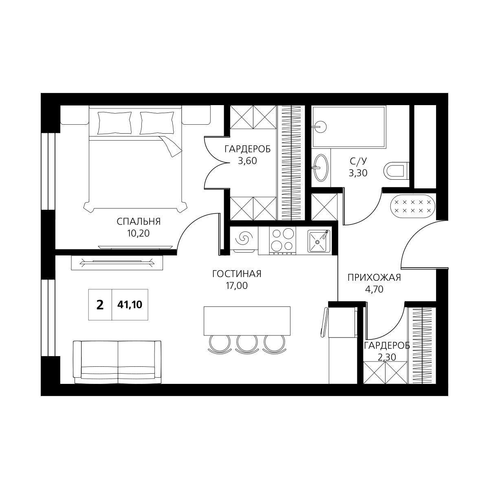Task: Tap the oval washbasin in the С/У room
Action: (321, 168)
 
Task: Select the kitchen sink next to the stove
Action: (319, 241)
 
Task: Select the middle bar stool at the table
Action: (247, 344)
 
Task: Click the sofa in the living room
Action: (117, 362)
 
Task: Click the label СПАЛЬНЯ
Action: (139, 222)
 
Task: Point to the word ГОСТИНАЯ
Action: (237, 274)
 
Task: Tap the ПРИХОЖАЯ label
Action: (374, 278)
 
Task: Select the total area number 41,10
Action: (130, 305)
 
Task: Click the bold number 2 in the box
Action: (100, 305)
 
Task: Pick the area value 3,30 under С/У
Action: (358, 173)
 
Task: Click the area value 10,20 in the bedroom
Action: (139, 233)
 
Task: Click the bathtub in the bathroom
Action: (349, 127)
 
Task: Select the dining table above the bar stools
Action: (247, 321)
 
